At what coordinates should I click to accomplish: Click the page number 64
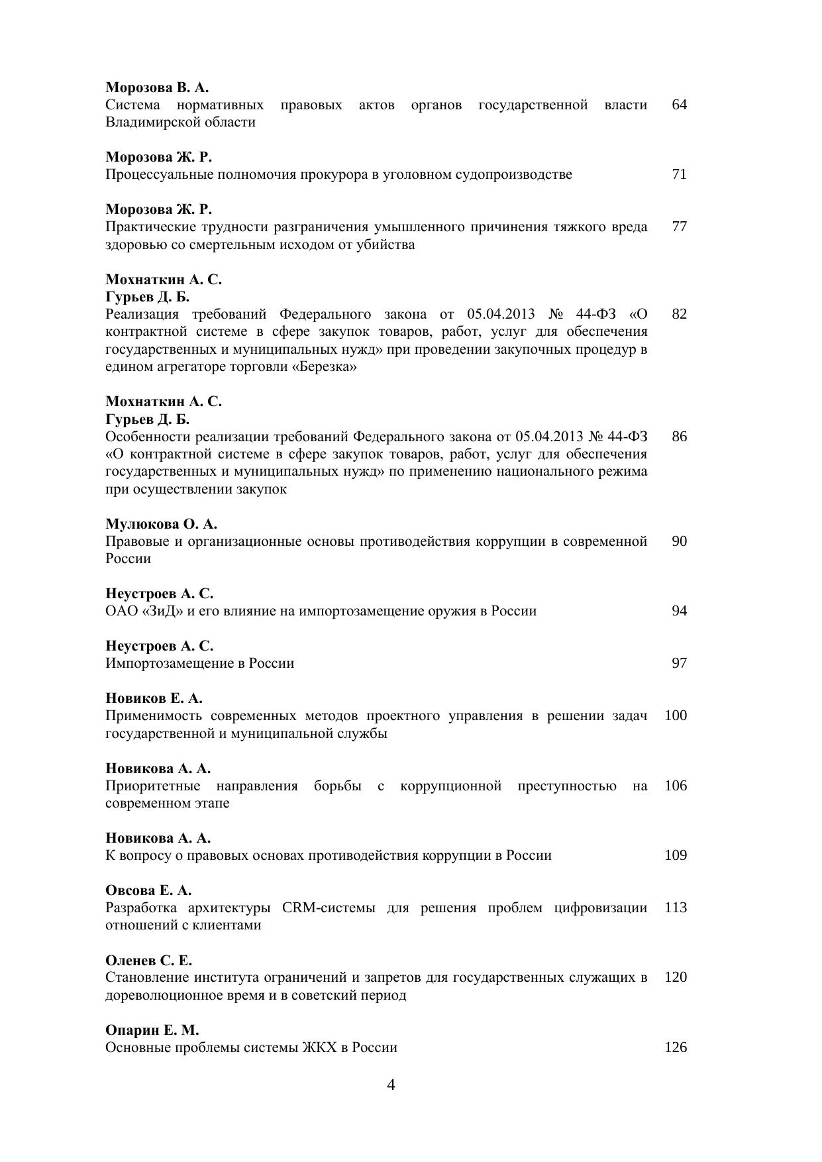point(679,105)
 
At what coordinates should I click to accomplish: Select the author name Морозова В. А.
point(157,87)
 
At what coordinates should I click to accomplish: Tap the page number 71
point(679,174)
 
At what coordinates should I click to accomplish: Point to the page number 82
point(679,313)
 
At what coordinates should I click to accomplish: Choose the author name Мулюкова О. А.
point(161,524)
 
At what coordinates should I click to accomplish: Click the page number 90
point(679,541)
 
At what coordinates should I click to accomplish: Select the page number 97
point(679,663)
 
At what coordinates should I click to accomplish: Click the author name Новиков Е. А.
point(154,698)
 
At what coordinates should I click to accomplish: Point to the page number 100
point(675,715)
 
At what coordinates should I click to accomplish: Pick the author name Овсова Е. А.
point(148,890)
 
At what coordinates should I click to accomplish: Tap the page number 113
point(675,908)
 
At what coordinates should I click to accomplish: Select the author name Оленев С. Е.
point(148,961)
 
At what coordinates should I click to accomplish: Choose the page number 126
point(675,1047)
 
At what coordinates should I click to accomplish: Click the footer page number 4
point(391,1084)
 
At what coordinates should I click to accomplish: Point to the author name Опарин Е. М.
point(152,1030)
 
